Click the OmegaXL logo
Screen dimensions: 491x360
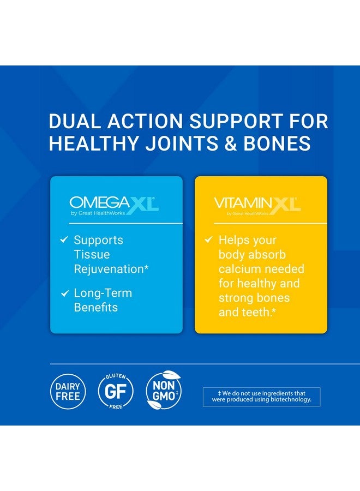[115, 206]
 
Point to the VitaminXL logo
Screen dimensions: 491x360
[257, 206]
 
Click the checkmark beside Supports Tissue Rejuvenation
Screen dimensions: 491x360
[64, 240]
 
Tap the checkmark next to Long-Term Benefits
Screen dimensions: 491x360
[64, 294]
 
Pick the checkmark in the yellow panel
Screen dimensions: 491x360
[208, 240]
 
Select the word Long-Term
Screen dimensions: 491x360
[103, 294]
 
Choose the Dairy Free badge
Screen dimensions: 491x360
[68, 391]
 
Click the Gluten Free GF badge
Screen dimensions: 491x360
[116, 391]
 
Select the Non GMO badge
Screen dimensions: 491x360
[164, 391]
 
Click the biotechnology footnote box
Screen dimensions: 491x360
[261, 397]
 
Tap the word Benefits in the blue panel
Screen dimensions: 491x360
[96, 308]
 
